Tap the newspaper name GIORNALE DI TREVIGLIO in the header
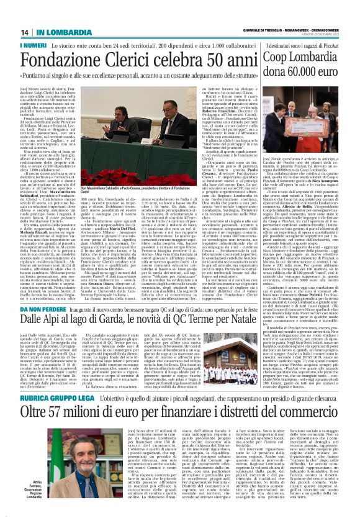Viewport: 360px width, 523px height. pyautogui.click(x=238, y=31)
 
